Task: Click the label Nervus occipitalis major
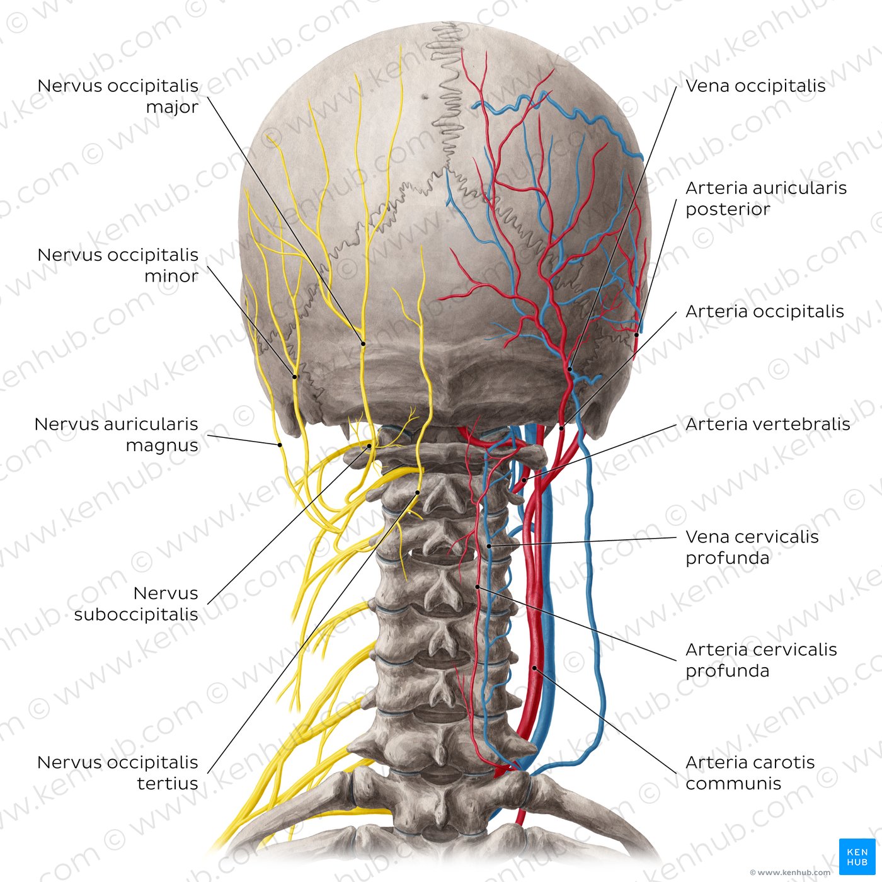[118, 96]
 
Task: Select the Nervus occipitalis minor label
[118, 265]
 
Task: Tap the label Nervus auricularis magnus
[117, 434]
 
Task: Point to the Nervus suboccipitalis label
[137, 604]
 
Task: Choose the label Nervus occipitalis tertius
[118, 772]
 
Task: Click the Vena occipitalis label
[755, 86]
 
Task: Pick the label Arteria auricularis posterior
[765, 198]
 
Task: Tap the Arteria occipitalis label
[764, 311]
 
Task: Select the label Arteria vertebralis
[767, 424]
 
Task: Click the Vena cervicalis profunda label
[752, 547]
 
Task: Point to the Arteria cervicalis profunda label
[761, 660]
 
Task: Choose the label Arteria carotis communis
[750, 772]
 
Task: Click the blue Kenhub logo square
[857, 857]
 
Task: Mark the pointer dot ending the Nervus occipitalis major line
[363, 343]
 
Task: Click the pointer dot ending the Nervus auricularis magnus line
[280, 444]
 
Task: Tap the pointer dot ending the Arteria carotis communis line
[535, 668]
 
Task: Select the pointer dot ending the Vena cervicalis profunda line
[489, 546]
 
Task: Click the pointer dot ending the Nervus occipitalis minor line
[295, 377]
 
